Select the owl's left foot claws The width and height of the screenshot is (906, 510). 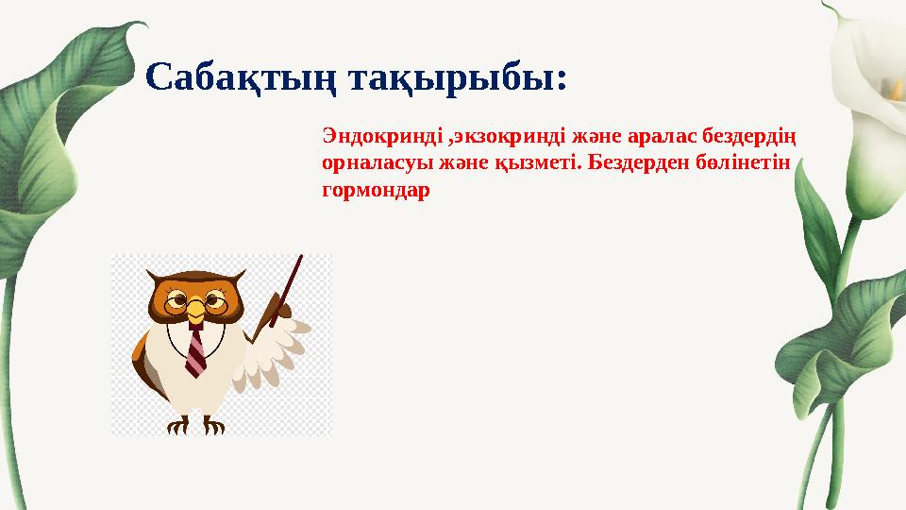click(178, 426)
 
